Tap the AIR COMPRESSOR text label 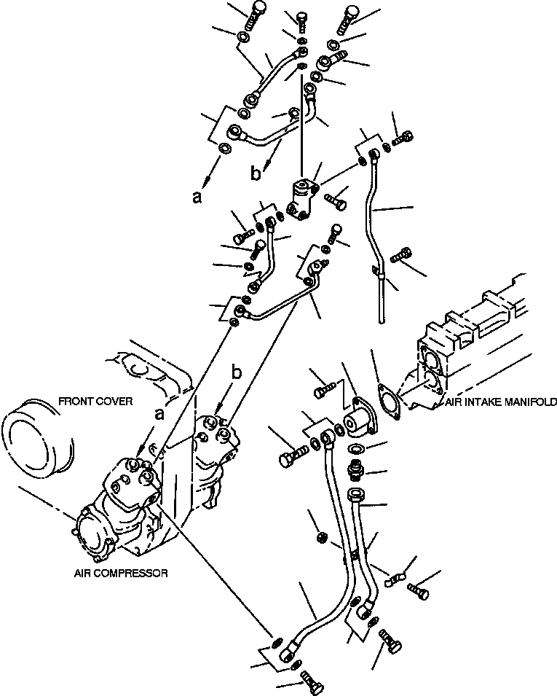121,574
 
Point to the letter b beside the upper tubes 254,173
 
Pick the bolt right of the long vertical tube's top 405,138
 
